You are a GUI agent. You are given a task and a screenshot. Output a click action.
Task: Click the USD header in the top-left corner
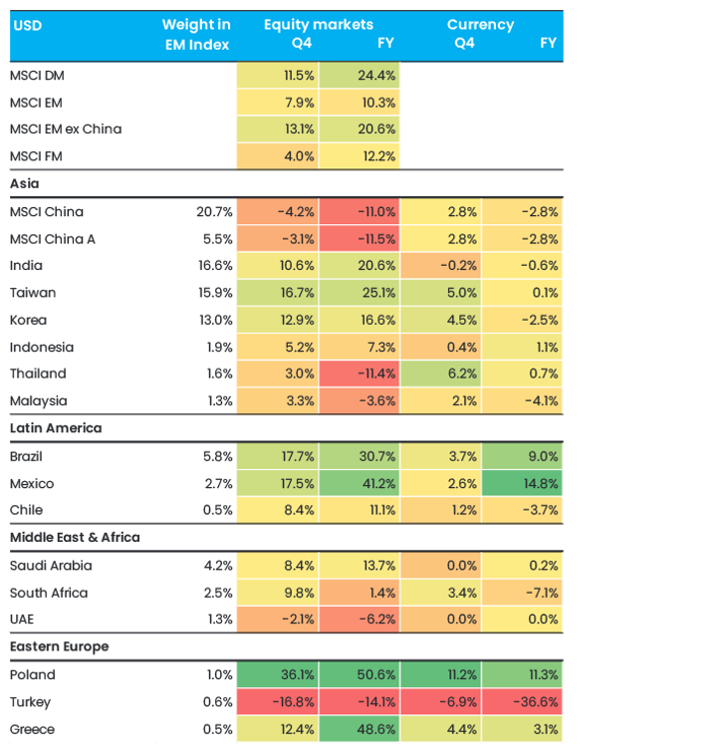28,25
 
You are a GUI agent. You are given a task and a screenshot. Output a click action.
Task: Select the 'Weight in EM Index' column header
196,34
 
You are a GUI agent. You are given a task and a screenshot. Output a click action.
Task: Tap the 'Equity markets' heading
318,25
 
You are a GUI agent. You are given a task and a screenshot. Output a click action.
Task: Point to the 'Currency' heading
480,25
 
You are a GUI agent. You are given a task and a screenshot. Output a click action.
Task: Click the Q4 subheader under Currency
464,43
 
